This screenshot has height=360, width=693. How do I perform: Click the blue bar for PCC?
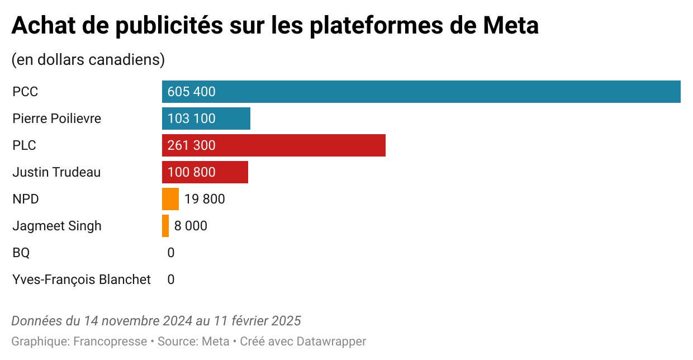click(421, 92)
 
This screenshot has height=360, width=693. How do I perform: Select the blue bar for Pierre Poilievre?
click(206, 119)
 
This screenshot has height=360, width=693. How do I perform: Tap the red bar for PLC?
click(274, 145)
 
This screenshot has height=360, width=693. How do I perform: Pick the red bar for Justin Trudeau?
click(205, 172)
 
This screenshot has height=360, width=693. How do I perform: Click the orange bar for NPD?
click(170, 199)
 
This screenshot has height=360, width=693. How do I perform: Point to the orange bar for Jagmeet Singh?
click(165, 226)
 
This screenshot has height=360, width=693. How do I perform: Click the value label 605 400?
click(191, 92)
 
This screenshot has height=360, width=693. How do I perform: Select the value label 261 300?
click(191, 145)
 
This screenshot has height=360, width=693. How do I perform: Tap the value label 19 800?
click(205, 199)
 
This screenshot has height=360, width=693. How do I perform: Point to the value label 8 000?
click(191, 226)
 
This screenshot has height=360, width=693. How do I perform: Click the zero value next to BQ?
click(171, 253)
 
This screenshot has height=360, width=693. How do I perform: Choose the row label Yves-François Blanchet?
click(82, 280)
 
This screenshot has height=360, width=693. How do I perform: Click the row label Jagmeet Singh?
click(57, 226)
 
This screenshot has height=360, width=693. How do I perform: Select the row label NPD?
click(26, 199)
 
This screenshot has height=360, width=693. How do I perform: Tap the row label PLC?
click(25, 145)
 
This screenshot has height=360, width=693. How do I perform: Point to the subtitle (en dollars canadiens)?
click(88, 60)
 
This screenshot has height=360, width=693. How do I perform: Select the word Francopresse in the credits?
click(110, 341)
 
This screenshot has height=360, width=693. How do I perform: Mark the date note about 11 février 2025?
click(156, 321)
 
